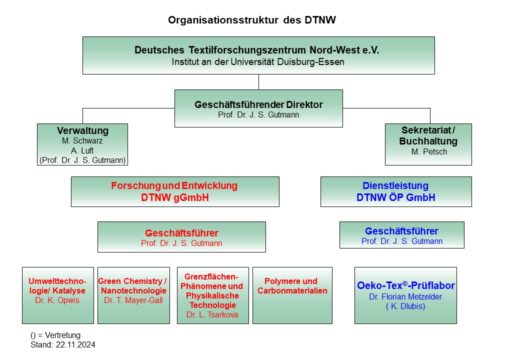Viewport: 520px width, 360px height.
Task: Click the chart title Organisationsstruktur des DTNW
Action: [251, 20]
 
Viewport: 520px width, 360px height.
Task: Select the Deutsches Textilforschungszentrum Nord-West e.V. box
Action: [258, 55]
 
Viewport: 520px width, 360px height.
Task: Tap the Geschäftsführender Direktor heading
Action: [258, 104]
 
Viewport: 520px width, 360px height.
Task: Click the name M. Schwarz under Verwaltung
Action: [82, 140]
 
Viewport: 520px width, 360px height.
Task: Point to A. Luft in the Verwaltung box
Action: [82, 150]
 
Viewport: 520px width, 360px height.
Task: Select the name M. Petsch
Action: [429, 151]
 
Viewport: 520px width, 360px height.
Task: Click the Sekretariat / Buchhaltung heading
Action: [428, 135]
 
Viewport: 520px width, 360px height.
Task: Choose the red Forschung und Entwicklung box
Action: [175, 191]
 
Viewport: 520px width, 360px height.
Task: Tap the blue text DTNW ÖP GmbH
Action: [395, 197]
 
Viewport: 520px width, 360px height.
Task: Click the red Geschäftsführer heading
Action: [181, 233]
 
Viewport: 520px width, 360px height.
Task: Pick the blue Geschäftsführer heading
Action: [401, 231]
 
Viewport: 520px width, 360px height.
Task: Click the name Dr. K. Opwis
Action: [57, 300]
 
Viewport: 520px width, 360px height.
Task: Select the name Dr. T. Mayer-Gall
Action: [133, 300]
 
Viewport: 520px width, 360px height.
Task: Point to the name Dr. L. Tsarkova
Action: [212, 314]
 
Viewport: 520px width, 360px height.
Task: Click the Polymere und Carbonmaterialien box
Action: [292, 295]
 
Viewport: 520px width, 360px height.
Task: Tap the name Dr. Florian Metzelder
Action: [405, 296]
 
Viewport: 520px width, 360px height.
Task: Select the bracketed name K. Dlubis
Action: [405, 306]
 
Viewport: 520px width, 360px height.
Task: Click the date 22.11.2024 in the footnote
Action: [75, 345]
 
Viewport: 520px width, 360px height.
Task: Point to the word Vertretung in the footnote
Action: [62, 335]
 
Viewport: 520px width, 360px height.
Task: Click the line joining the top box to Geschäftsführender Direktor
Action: [258, 82]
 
